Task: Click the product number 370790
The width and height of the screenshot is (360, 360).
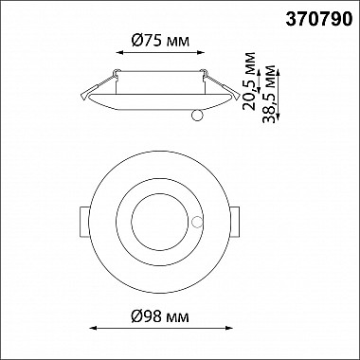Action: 319,20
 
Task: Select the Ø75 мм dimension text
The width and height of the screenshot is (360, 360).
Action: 160,41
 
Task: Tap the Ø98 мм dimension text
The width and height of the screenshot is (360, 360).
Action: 160,316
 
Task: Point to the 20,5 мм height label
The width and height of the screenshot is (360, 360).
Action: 249,81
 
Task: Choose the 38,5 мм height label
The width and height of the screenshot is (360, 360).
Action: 269,94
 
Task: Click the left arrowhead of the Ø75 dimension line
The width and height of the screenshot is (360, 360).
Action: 119,52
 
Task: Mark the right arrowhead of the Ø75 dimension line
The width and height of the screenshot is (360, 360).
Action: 201,52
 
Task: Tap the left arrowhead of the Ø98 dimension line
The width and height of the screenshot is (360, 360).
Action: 93,328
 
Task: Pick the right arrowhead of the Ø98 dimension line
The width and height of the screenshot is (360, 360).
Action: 229,328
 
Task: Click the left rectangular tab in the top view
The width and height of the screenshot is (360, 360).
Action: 84,223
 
